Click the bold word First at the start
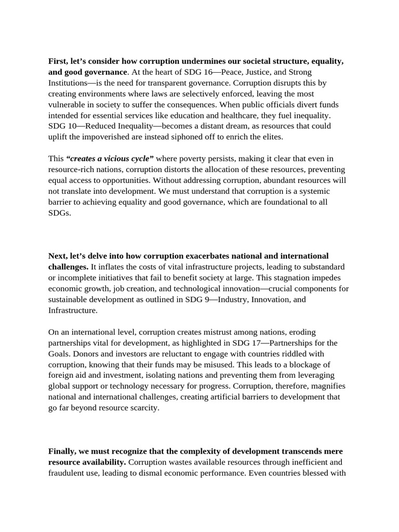pos(58,61)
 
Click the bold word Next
pos(57,256)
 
